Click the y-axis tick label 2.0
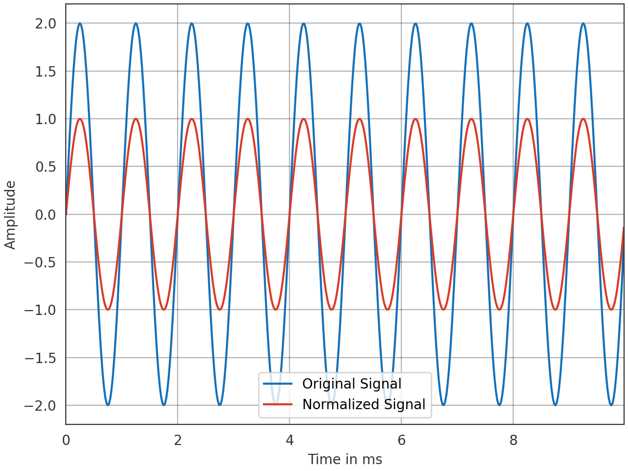46,24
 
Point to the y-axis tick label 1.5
46,72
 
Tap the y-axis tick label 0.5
46,167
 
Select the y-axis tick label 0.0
46,215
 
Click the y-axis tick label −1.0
40,310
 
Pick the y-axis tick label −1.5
40,358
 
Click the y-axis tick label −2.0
40,406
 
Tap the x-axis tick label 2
178,440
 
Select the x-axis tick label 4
289,440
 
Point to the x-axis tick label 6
401,440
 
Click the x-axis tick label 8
513,440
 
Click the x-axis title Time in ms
345,459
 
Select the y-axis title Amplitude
10,215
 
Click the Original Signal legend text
352,384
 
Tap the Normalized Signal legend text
364,404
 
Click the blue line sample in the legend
278,384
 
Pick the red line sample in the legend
278,404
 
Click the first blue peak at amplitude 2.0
80,24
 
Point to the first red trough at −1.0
108,310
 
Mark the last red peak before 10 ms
583,119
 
